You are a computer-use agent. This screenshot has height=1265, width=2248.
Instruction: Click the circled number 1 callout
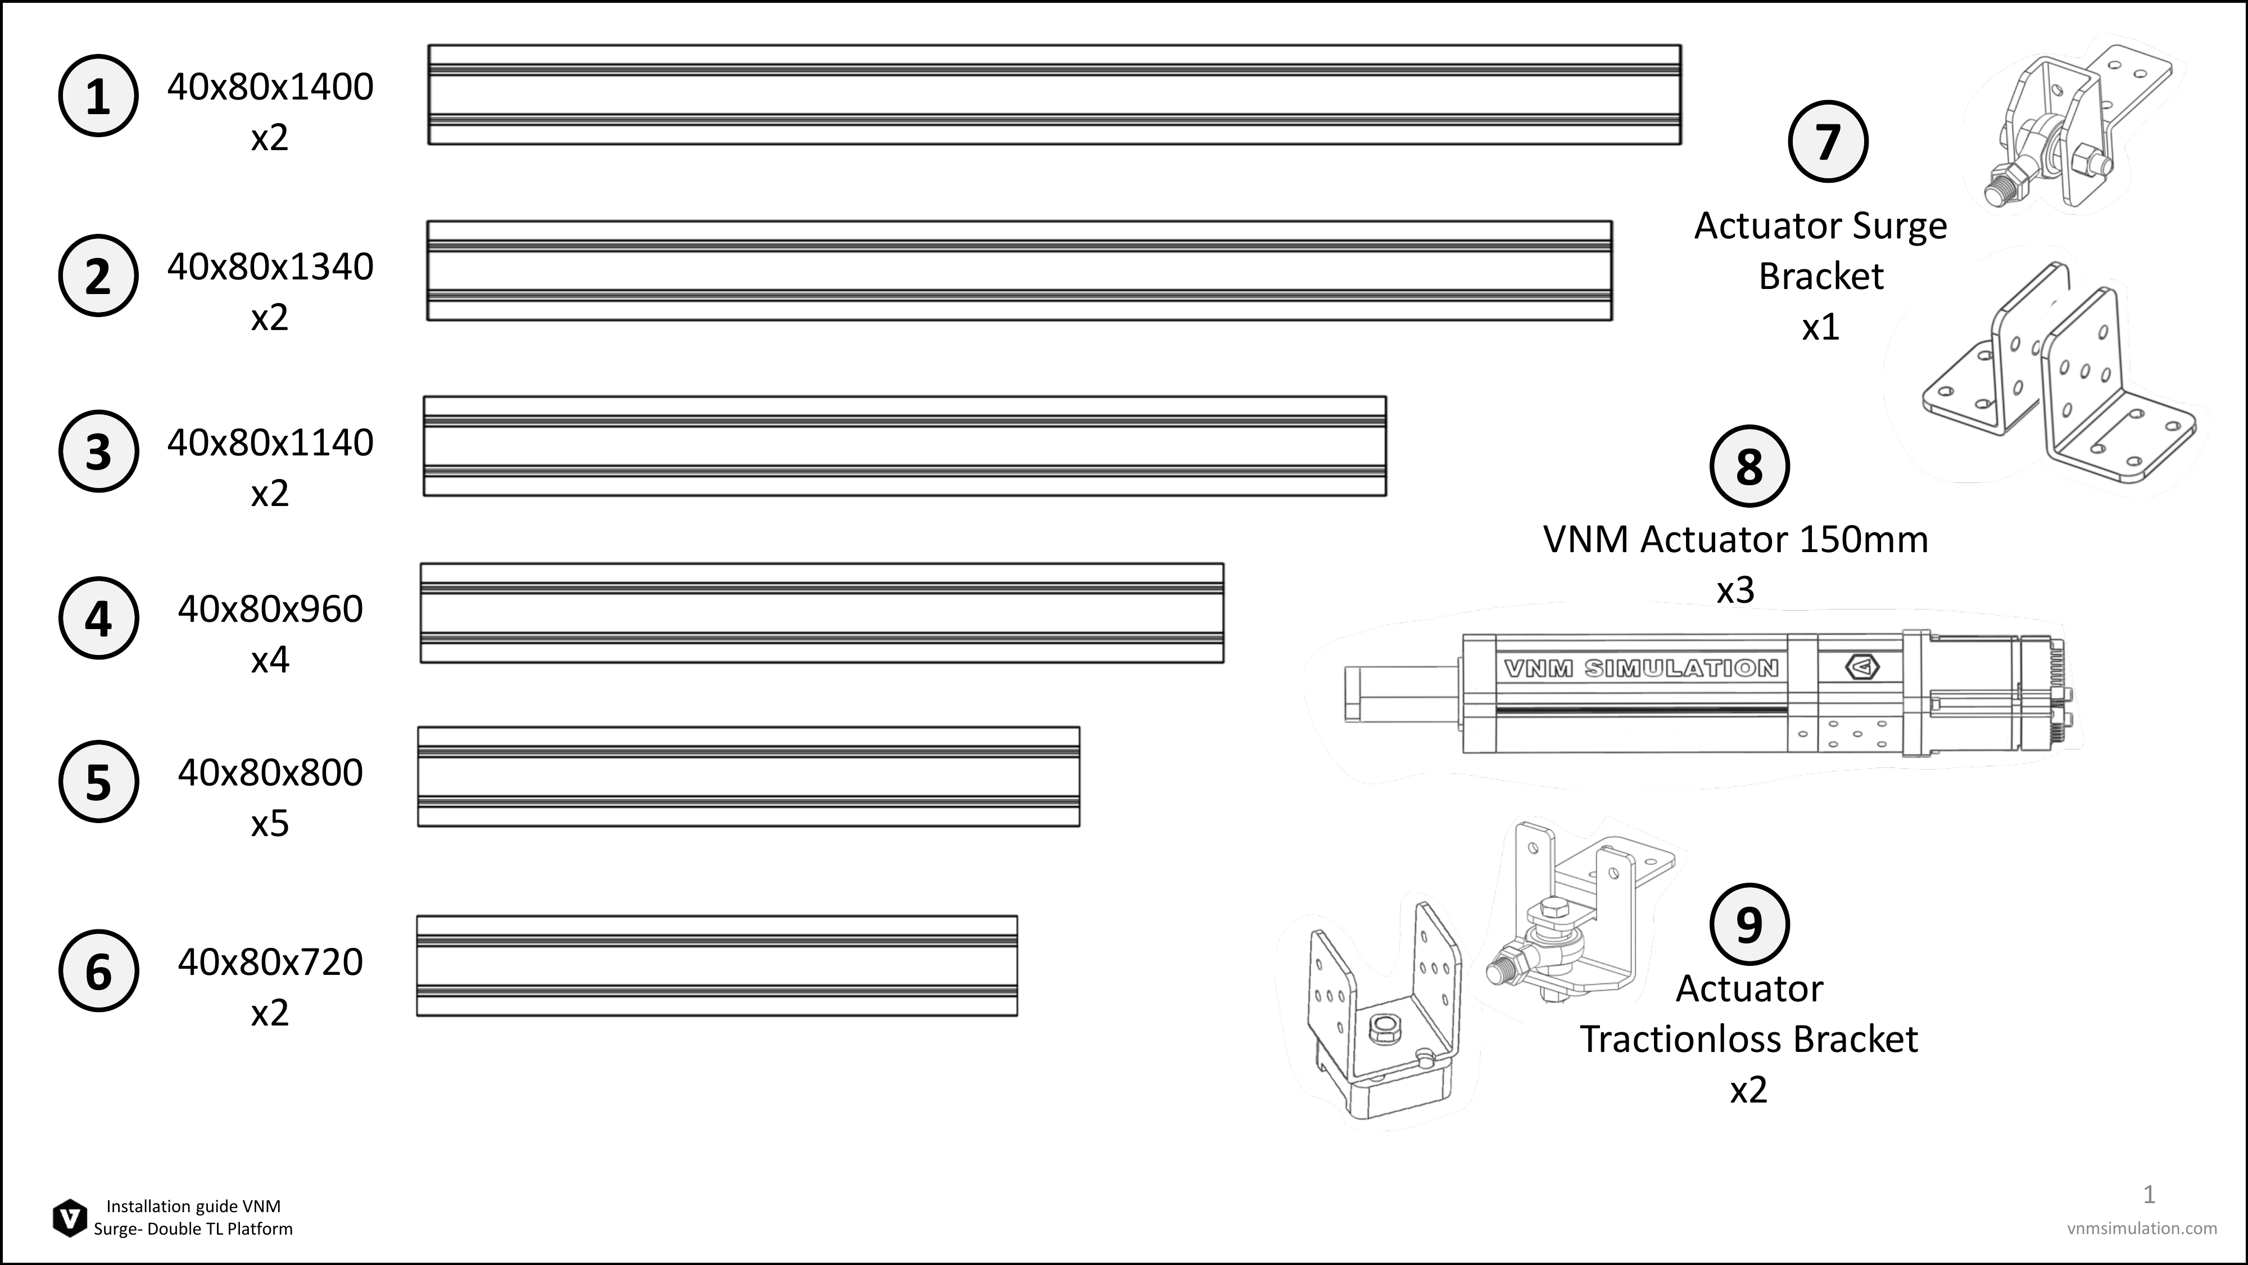coord(98,96)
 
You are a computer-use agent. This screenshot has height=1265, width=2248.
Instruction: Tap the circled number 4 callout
coord(98,618)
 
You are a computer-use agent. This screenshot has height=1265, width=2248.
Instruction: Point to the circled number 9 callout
coord(1749,924)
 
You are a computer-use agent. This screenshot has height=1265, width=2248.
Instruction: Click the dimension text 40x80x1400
coord(270,87)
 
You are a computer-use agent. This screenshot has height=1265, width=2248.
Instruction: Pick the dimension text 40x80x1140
coord(270,442)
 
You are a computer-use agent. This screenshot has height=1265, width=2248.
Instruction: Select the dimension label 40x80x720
coord(270,962)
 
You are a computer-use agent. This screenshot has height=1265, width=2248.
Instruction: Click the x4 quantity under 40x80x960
coord(270,660)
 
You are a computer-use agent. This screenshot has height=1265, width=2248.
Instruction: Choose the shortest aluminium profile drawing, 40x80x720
coord(717,965)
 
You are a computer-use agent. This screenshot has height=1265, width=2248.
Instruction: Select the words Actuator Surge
coord(1820,226)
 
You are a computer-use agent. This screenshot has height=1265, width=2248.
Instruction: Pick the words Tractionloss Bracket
coord(1749,1039)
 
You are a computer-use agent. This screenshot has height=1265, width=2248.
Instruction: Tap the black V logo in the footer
coord(70,1218)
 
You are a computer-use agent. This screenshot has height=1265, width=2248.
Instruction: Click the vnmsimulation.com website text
coord(2142,1228)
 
